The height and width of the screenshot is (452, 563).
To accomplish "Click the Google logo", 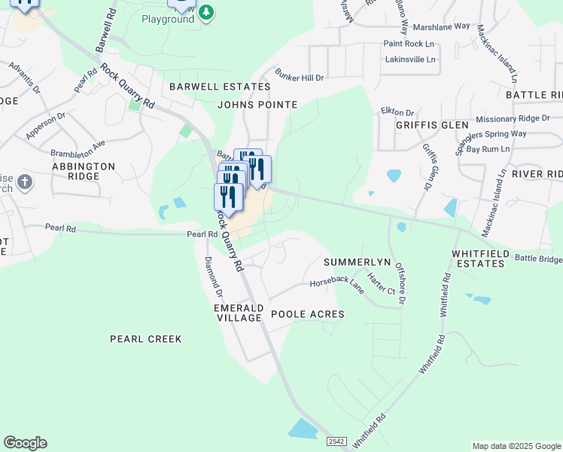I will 25,443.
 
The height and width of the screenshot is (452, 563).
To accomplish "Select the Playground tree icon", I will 207,12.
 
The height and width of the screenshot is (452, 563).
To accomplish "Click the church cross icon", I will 24,182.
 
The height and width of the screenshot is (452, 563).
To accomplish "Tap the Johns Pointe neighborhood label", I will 257,105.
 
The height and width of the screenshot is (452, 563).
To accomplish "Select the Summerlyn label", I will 357,262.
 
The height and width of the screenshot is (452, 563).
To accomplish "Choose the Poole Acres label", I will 307,314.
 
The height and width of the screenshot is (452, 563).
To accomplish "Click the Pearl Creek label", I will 146,339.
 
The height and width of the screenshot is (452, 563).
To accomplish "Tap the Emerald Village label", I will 239,313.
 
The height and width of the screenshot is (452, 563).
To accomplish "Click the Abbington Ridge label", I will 84,171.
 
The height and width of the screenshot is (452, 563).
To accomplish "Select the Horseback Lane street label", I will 337,283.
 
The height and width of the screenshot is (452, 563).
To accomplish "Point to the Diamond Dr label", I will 215,276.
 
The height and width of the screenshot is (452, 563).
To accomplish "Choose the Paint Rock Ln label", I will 409,44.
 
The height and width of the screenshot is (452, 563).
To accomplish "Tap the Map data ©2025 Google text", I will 516,446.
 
